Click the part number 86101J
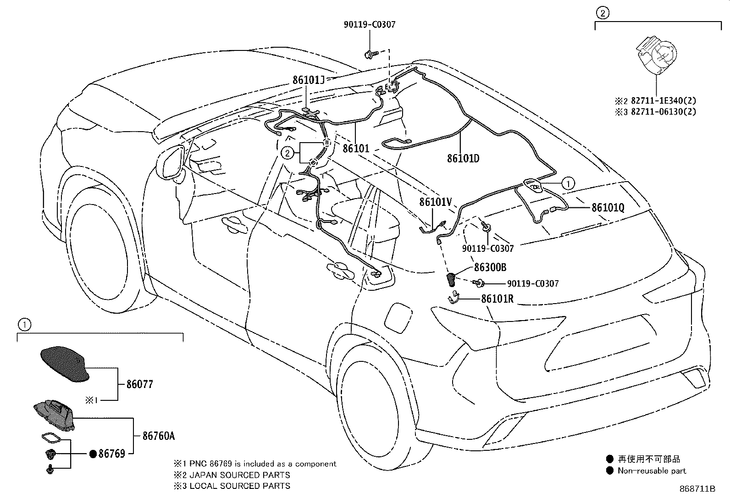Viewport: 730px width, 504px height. pyautogui.click(x=308, y=80)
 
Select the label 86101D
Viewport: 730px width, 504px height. pyautogui.click(x=463, y=158)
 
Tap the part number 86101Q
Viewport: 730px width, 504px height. pyautogui.click(x=608, y=207)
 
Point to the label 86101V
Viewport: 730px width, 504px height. pyautogui.click(x=436, y=202)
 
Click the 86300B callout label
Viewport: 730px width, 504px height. pyautogui.click(x=490, y=267)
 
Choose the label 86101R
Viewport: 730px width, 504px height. pyautogui.click(x=498, y=299)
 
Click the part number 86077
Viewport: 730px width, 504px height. pyautogui.click(x=139, y=384)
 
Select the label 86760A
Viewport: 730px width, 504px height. pyautogui.click(x=159, y=436)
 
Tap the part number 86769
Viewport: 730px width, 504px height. pyautogui.click(x=112, y=454)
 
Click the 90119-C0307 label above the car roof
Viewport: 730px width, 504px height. pyautogui.click(x=370, y=24)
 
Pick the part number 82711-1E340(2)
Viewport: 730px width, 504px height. pyautogui.click(x=664, y=100)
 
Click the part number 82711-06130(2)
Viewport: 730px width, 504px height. pyautogui.click(x=664, y=111)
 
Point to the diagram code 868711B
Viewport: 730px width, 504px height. pyautogui.click(x=697, y=489)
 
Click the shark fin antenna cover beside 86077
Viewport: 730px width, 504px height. pyautogui.click(x=65, y=364)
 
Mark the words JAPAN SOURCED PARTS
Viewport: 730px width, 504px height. pyautogui.click(x=239, y=475)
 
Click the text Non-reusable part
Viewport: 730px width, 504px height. pyautogui.click(x=652, y=471)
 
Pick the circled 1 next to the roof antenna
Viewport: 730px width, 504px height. pyautogui.click(x=568, y=183)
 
